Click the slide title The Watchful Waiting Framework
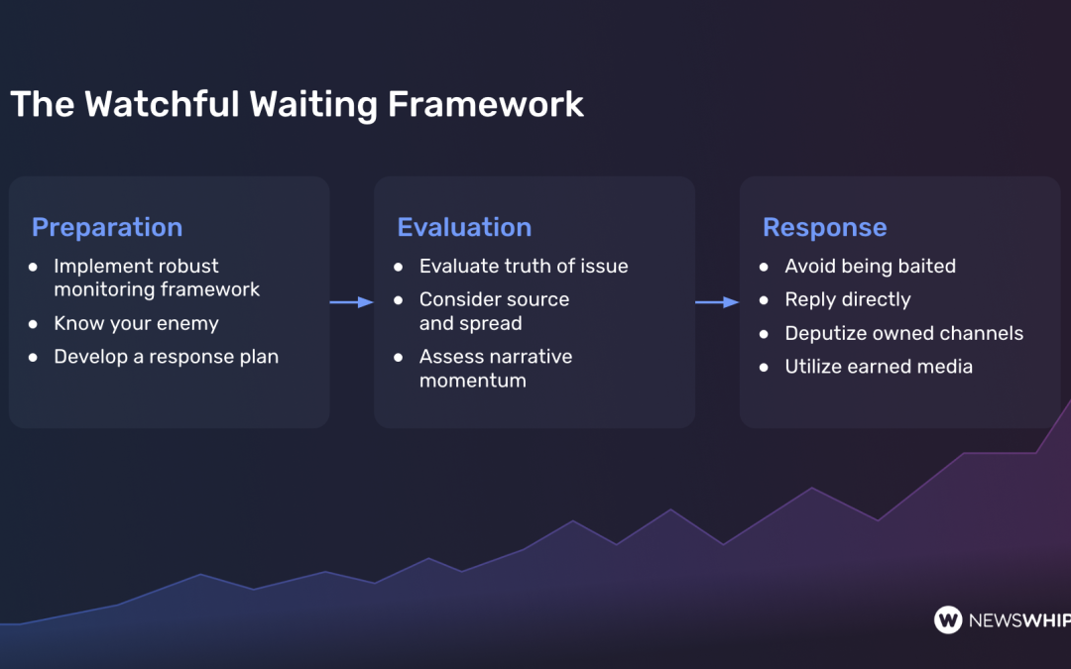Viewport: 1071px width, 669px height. coord(297,104)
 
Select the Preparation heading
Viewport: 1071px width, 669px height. coord(107,227)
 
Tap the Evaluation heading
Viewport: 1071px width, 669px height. coord(464,227)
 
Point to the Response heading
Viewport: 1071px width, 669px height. coord(824,227)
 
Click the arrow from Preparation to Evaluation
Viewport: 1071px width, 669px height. coord(351,302)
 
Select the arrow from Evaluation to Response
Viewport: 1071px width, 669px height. coord(717,302)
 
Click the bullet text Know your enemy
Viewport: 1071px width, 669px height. coord(136,323)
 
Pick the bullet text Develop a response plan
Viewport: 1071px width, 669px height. coord(166,357)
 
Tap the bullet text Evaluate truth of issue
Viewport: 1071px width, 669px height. coord(524,266)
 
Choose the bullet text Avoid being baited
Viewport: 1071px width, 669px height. coord(870,266)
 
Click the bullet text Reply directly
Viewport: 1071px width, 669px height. coord(847,299)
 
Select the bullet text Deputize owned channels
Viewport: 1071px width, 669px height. coord(903,333)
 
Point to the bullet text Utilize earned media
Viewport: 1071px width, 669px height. coord(879,367)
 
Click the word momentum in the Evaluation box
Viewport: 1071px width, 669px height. coord(473,381)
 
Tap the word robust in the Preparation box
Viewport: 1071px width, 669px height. coord(185,266)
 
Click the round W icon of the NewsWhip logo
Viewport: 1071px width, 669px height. coord(948,619)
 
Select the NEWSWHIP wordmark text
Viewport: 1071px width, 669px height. coord(1019,620)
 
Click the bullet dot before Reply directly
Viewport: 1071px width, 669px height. coord(764,300)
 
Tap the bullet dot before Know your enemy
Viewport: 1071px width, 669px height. coord(33,324)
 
